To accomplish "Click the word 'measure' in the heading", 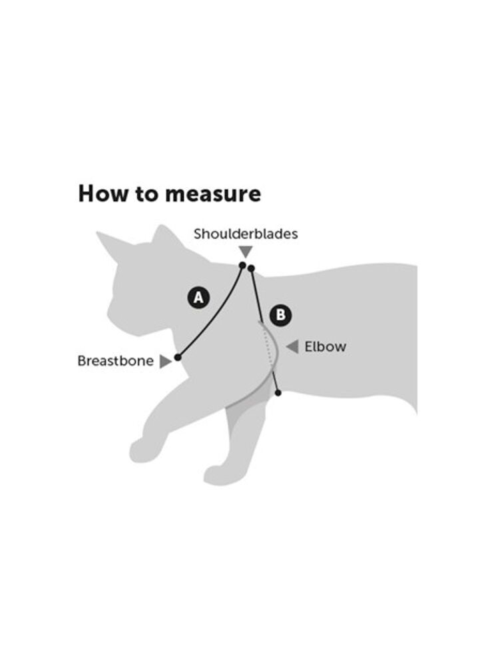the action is coord(212,194).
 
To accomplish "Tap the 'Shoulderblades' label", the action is coord(246,234).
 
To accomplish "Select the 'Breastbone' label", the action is coord(115,361).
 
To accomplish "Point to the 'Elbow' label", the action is coord(325,346).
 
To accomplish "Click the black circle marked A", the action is coord(198,298).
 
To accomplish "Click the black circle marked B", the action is coord(280,316).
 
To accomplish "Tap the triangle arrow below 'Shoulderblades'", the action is coord(246,251).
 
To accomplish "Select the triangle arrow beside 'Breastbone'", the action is coord(165,362).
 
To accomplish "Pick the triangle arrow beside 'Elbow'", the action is coord(292,346).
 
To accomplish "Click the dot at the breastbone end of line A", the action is coord(178,357).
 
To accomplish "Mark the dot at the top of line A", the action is coord(242,266).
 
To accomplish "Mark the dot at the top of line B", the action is coord(251,268).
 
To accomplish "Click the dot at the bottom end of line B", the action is coord(278,393).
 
